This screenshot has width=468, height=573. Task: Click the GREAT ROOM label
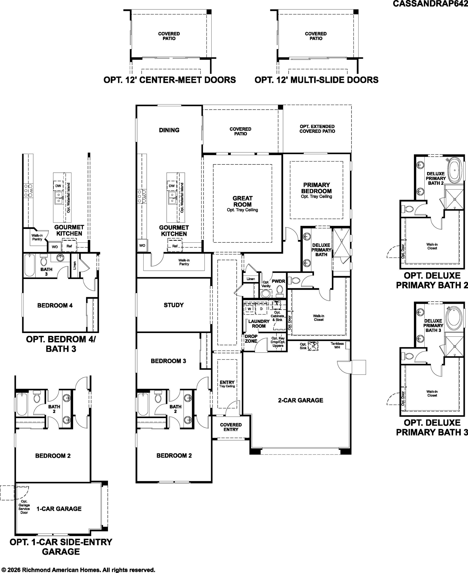click(242, 201)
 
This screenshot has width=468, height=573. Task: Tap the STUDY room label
click(174, 305)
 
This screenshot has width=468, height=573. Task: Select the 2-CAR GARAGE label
click(301, 400)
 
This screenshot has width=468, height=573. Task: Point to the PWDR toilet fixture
click(280, 291)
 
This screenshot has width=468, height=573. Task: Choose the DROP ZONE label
click(251, 339)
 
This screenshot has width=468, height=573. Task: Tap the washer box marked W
click(249, 309)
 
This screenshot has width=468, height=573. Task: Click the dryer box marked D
click(261, 309)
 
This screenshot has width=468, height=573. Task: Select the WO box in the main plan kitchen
click(142, 245)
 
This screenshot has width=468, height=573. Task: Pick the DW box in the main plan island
click(172, 186)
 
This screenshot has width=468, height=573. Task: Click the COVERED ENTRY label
click(231, 427)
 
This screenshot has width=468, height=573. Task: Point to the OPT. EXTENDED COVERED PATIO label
click(317, 129)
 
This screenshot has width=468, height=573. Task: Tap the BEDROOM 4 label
click(55, 306)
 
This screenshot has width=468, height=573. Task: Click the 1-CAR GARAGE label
click(59, 509)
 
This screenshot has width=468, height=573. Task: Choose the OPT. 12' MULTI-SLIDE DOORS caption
click(316, 80)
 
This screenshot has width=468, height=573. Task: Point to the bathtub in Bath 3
click(30, 265)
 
